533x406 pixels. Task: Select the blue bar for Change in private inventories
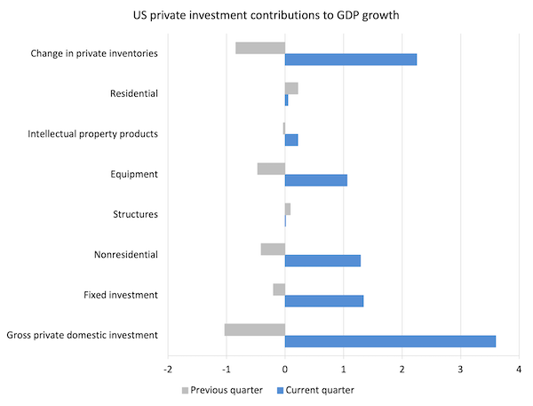[x=351, y=60]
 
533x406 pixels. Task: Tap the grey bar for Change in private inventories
[x=260, y=48]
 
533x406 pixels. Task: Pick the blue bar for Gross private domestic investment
[x=390, y=341]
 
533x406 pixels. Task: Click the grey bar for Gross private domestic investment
[x=255, y=330]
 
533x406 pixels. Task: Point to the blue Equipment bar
[x=316, y=180]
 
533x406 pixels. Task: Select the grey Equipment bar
[x=271, y=169]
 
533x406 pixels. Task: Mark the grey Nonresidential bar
[x=273, y=249]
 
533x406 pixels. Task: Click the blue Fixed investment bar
[x=324, y=301]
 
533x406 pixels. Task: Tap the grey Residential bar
[x=291, y=88]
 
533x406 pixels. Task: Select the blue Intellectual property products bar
[x=291, y=139]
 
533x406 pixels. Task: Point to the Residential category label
[x=134, y=93]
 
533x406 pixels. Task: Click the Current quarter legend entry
[x=315, y=389]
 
